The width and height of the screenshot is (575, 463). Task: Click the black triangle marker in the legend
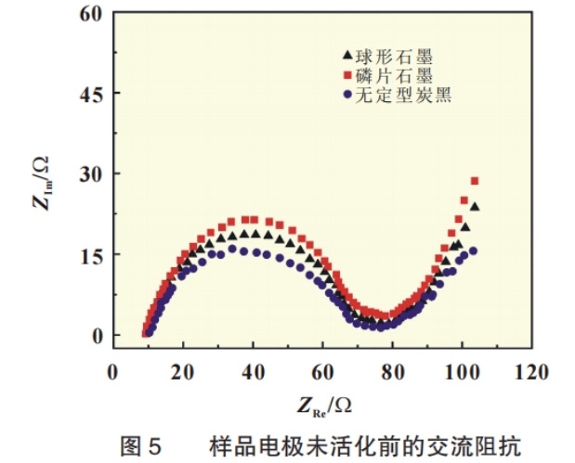point(346,57)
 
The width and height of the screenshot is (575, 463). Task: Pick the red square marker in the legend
point(346,74)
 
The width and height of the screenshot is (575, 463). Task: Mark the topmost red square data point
point(475,180)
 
